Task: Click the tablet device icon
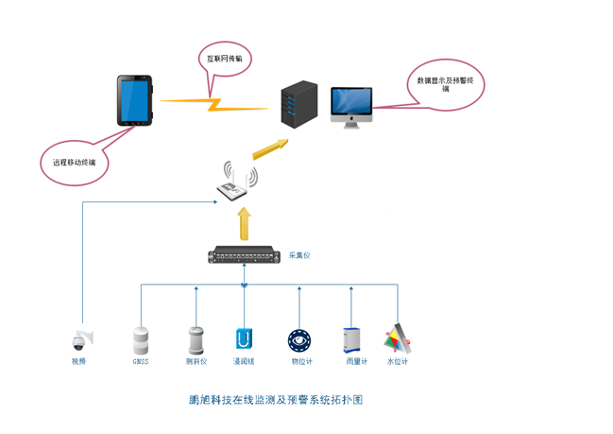[134, 101]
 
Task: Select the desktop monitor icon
[351, 107]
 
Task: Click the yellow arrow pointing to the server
[270, 148]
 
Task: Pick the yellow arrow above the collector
[245, 224]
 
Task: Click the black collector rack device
[245, 254]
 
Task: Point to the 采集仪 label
[300, 255]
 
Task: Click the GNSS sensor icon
[141, 339]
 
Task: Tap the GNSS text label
[141, 361]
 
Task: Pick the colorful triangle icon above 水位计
[398, 338]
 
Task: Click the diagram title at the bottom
[276, 400]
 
